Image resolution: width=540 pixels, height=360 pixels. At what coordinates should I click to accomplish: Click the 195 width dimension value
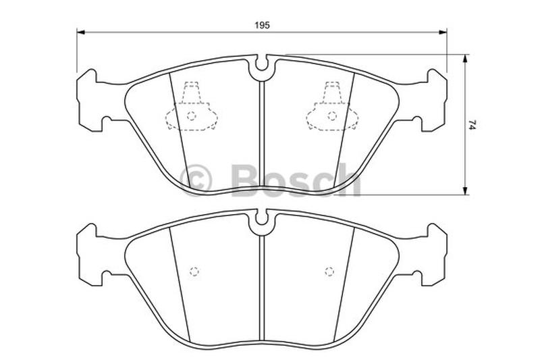click(x=262, y=25)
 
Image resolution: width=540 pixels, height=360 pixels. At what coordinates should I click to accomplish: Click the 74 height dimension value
click(x=472, y=124)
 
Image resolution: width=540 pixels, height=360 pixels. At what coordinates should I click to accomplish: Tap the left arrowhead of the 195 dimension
click(x=80, y=32)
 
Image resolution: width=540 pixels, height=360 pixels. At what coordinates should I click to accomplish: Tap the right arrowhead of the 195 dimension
click(x=443, y=32)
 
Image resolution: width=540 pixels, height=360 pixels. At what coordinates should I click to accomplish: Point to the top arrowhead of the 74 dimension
click(x=465, y=59)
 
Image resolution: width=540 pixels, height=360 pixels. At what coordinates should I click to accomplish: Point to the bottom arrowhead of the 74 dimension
click(x=465, y=190)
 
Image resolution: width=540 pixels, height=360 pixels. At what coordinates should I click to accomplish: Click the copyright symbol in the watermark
click(x=195, y=180)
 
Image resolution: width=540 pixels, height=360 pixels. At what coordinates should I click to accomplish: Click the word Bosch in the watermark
click(x=296, y=180)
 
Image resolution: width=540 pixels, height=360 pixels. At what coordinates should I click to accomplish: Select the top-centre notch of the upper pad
click(x=262, y=63)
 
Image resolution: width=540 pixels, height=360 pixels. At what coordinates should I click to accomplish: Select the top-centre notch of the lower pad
click(x=262, y=217)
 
